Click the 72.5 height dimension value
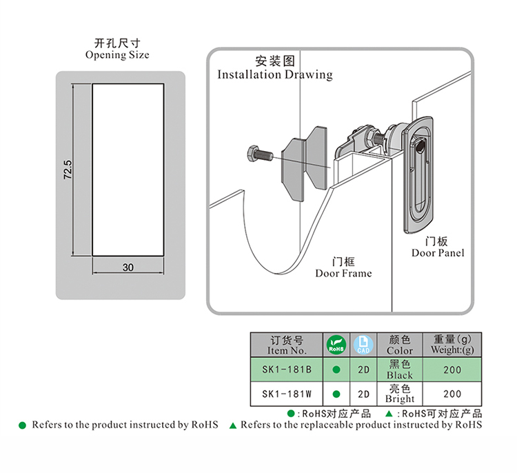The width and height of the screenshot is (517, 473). (68, 170)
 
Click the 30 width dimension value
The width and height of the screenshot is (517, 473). (128, 268)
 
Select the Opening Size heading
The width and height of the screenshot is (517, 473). (116, 49)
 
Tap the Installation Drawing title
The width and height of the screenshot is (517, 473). (274, 68)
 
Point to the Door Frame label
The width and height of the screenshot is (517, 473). (343, 268)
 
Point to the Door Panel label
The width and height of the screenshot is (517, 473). (438, 247)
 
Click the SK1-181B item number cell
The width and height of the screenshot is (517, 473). (287, 370)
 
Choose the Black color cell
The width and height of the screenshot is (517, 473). (400, 370)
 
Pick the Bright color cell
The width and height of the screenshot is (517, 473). (400, 394)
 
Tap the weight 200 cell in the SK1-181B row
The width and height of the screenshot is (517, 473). (452, 370)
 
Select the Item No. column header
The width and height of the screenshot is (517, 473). (287, 345)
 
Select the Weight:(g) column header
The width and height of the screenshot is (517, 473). (452, 345)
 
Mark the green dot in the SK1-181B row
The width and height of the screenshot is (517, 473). (336, 370)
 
